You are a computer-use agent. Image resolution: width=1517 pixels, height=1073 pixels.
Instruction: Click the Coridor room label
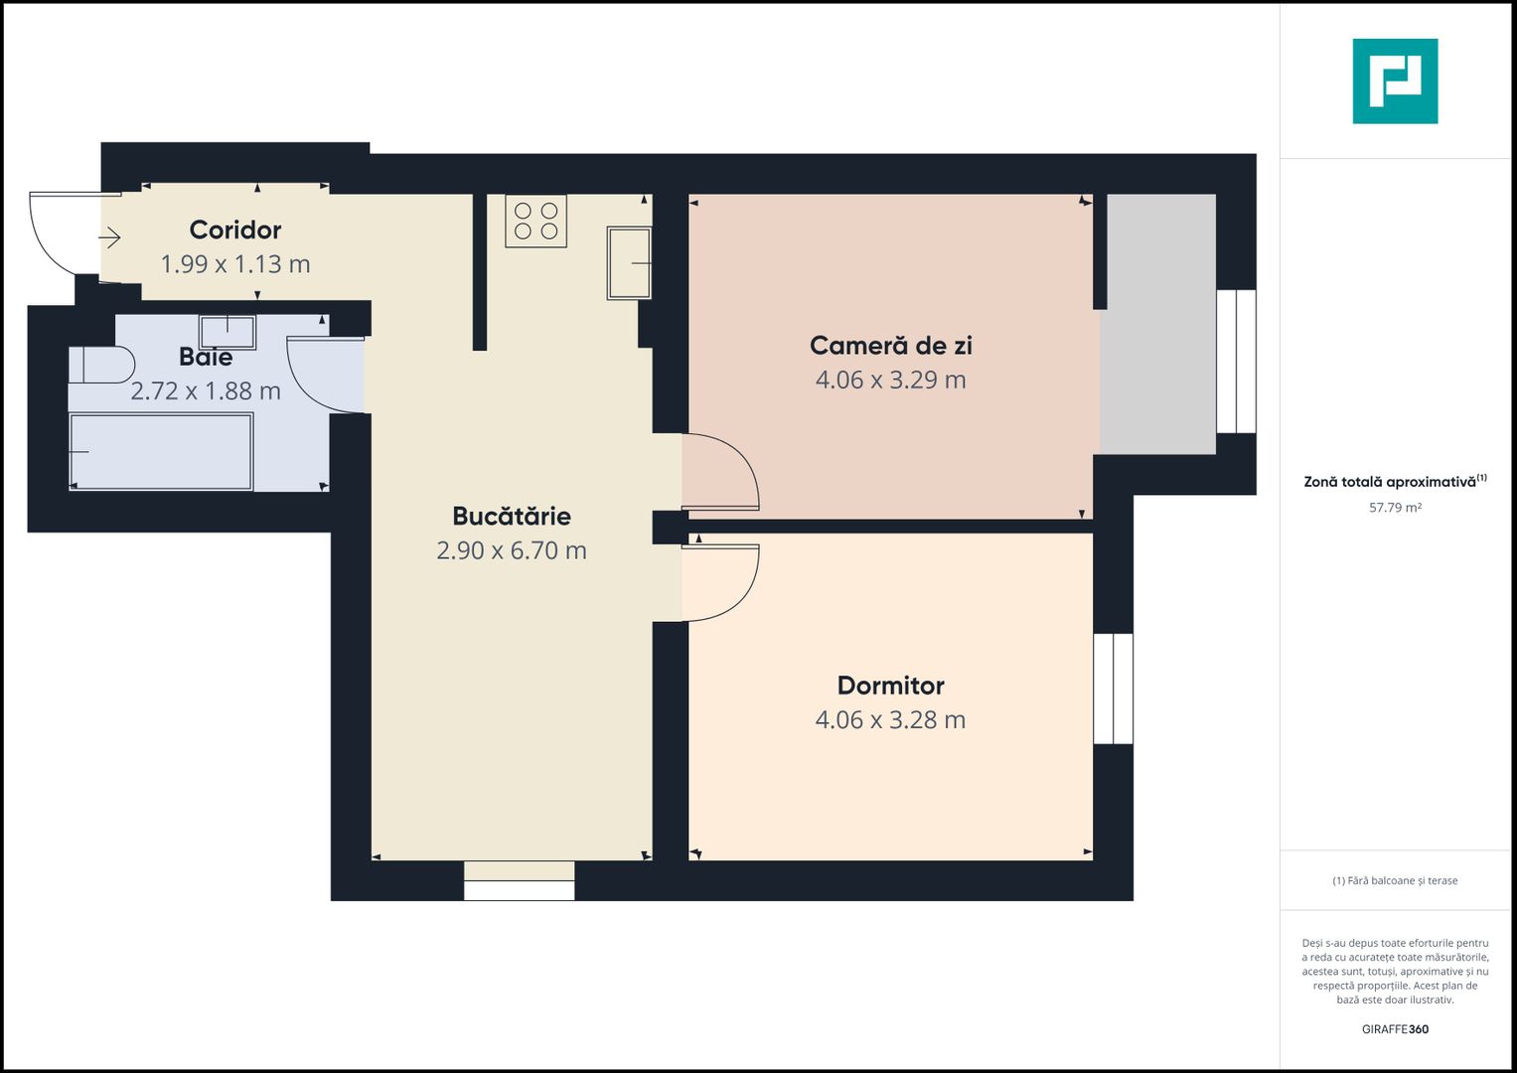click(x=235, y=230)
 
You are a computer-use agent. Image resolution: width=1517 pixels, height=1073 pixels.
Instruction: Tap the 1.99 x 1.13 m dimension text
click(x=235, y=264)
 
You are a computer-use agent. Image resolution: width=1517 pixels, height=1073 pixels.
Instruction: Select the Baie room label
click(x=206, y=357)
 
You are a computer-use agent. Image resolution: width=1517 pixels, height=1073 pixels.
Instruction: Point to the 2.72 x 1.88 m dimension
click(x=206, y=391)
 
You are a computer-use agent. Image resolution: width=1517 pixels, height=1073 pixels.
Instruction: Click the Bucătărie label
click(x=512, y=516)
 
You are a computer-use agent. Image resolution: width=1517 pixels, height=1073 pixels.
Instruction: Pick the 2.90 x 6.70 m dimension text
click(x=512, y=550)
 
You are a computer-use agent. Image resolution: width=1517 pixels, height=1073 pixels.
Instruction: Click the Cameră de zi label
click(x=890, y=345)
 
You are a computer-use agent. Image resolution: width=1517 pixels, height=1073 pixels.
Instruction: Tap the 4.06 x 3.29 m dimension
click(x=890, y=380)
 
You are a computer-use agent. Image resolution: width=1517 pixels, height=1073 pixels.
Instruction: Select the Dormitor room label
click(x=890, y=686)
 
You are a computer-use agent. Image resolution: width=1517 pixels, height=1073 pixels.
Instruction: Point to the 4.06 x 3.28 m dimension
click(x=890, y=720)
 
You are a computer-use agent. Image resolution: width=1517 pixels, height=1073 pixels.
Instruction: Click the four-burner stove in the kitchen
click(x=535, y=221)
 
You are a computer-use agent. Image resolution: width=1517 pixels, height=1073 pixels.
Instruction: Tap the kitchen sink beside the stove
click(x=629, y=263)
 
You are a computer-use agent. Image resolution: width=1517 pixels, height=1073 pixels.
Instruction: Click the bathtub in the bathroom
click(x=161, y=452)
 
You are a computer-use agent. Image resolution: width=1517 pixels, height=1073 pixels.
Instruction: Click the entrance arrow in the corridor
click(x=109, y=237)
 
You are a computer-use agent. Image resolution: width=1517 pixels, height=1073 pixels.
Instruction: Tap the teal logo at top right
click(x=1395, y=81)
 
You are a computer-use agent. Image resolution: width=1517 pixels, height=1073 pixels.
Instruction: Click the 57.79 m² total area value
click(x=1395, y=508)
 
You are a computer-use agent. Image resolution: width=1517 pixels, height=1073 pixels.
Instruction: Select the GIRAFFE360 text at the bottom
click(x=1395, y=1029)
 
